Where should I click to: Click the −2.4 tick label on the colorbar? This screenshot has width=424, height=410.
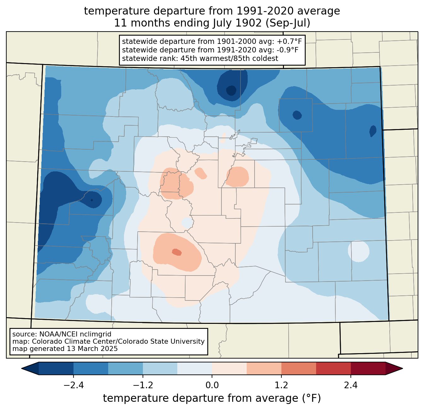click(74, 385)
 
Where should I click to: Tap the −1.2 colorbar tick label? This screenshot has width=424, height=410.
click(143, 385)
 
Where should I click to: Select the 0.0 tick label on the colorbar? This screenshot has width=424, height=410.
click(212, 385)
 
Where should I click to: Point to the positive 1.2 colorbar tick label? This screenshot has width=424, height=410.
click(281, 385)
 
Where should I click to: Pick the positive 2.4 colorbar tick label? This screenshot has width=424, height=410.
click(351, 385)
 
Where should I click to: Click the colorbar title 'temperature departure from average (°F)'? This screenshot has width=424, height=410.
click(212, 398)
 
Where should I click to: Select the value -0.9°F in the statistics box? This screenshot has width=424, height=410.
click(288, 50)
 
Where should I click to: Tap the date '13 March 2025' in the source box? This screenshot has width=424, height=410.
click(92, 348)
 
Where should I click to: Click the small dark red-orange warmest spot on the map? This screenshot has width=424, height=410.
click(177, 252)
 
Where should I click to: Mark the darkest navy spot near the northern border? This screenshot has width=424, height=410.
click(231, 90)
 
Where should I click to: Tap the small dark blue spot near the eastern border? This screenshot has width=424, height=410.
click(373, 131)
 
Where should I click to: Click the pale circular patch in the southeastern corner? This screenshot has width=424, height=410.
click(358, 251)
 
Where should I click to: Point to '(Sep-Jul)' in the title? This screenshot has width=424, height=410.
click(288, 23)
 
